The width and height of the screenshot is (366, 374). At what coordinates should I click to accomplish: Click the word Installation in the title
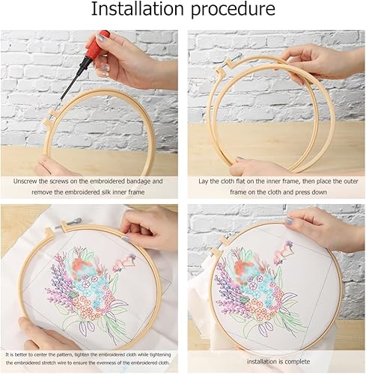[138, 9]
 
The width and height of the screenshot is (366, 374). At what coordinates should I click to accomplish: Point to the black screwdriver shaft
[71, 82]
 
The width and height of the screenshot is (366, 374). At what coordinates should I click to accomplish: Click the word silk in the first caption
[105, 192]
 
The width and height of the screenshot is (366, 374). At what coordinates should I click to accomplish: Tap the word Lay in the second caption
[204, 182]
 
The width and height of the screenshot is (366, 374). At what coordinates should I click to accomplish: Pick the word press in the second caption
[302, 192]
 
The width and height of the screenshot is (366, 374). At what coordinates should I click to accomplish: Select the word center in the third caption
[51, 355]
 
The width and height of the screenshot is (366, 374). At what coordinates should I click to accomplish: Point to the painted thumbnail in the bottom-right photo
[290, 221]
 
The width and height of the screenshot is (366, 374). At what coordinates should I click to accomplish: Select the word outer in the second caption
[351, 182]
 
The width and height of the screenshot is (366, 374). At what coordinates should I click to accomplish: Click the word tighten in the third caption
[82, 355]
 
